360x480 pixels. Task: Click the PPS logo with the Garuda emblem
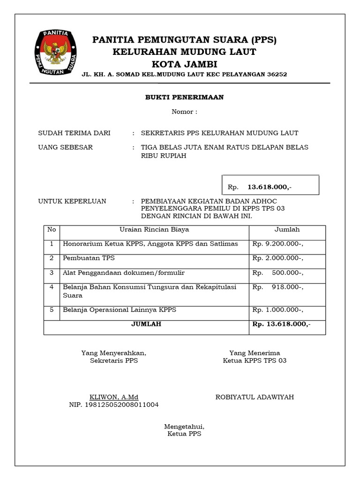tap(57, 53)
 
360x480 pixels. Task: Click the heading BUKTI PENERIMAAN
tap(184, 97)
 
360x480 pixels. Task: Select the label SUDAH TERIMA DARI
tap(74, 133)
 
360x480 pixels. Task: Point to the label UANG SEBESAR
tap(65, 147)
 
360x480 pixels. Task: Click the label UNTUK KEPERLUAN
tap(72, 202)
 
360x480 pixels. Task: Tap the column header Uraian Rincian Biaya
tap(154, 230)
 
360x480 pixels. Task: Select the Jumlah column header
tap(287, 230)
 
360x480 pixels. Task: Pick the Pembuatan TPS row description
tap(89, 258)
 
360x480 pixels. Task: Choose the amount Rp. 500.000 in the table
tap(278, 273)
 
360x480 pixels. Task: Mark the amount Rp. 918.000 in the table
tap(278, 287)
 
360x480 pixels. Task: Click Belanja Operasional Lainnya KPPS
tap(120, 310)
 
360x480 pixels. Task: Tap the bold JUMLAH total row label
tap(146, 324)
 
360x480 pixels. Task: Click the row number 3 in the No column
tap(52, 272)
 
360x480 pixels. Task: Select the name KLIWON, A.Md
tap(114, 397)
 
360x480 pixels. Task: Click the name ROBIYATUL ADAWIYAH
tap(255, 397)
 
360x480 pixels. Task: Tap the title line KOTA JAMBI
tap(184, 64)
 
